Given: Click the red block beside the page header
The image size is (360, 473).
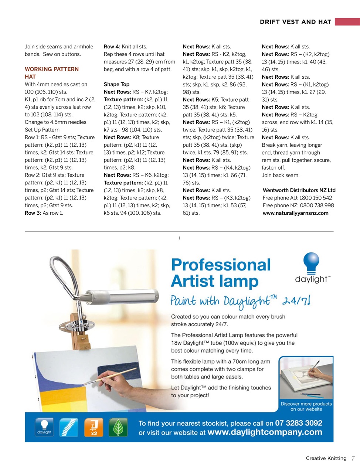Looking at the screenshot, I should pos(347,22).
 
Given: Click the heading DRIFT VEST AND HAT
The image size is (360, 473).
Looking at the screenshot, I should pos(295,22).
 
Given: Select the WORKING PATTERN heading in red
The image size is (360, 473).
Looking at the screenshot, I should pos(52,69).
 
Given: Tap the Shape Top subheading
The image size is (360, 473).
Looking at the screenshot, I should pos(116,84).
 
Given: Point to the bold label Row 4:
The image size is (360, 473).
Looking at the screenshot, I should pos(112,47).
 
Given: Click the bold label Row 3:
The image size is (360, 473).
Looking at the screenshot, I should pos(33,213).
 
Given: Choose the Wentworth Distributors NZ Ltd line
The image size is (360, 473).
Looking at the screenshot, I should pos(299,190).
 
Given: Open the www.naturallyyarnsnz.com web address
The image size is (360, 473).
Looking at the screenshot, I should pos(295,213).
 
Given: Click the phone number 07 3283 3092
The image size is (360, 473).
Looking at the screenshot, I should pos(299,423).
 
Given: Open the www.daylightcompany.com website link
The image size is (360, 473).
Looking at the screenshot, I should pos(265,432).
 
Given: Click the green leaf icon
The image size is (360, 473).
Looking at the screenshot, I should pos(118,428).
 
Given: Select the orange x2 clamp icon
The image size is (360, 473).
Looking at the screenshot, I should pos(94,428).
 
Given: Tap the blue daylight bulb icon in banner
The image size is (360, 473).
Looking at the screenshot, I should pos(44,428).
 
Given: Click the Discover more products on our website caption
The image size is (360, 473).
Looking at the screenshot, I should pos(306,406).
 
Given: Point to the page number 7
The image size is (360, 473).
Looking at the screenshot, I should pos(353,458).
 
